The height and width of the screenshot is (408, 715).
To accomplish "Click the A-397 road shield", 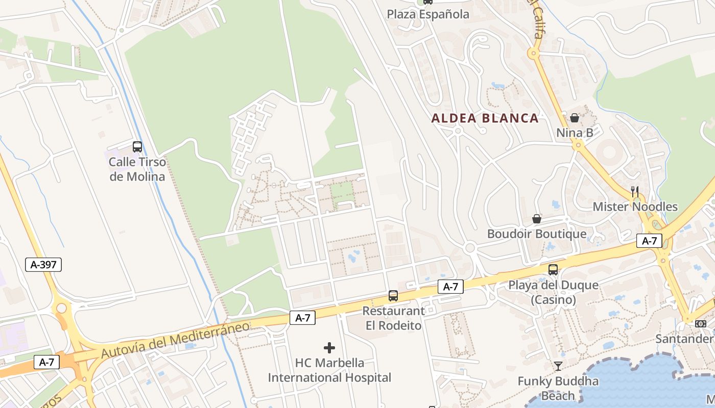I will (x=43, y=264).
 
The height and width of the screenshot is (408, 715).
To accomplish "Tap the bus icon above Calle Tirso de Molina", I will (x=137, y=147).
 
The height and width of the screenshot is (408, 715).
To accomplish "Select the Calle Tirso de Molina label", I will (x=137, y=169).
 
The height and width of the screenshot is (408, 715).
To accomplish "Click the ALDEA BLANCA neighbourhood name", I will (x=485, y=118).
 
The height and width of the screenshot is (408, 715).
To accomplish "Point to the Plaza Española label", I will (x=427, y=14).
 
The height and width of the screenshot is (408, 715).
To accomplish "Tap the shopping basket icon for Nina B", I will (x=575, y=118).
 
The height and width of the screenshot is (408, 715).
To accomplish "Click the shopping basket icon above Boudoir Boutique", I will (x=537, y=219).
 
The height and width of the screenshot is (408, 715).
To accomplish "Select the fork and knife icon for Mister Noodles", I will (x=635, y=192).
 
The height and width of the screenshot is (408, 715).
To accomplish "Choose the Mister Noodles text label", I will (x=635, y=207).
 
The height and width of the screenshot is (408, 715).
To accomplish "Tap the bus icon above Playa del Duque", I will (x=553, y=270).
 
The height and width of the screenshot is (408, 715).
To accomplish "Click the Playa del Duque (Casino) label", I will (x=553, y=292).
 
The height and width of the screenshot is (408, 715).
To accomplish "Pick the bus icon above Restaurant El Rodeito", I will (x=393, y=295).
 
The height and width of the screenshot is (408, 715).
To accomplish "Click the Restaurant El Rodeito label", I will (x=393, y=318).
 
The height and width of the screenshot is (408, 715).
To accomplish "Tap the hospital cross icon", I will (x=329, y=348).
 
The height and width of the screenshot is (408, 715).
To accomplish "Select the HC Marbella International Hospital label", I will (x=329, y=370).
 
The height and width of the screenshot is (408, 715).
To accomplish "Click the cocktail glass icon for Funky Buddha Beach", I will (x=558, y=366).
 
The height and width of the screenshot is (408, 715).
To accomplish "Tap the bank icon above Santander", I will (x=700, y=324).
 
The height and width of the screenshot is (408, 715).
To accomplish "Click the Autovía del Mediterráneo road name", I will (x=175, y=339).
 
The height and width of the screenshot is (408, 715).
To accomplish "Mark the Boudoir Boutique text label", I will (x=537, y=234).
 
